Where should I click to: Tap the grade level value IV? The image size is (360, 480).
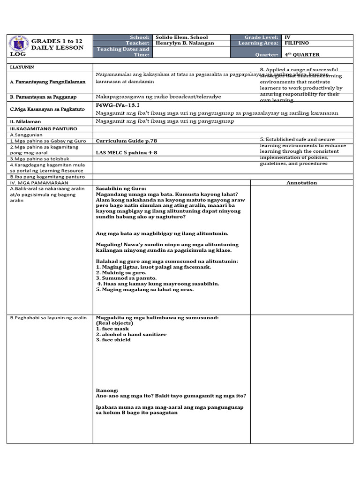pos(287,37)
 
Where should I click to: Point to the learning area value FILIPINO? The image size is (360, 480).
pos(297,43)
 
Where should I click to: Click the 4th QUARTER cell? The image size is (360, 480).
pos(302,54)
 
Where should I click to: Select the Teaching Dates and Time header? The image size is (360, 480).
pos(123,52)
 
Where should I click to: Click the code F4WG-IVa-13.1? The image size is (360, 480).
pos(118,105)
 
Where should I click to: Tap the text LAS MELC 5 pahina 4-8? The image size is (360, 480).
pos(124,152)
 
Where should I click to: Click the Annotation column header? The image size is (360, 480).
pos(301,183)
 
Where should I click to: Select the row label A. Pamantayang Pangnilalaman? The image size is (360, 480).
pos(48,82)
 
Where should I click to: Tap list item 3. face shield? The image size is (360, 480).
pos(113,340)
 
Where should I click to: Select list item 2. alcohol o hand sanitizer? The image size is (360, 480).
pos(131,334)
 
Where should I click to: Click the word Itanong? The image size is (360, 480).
pos(107,390)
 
